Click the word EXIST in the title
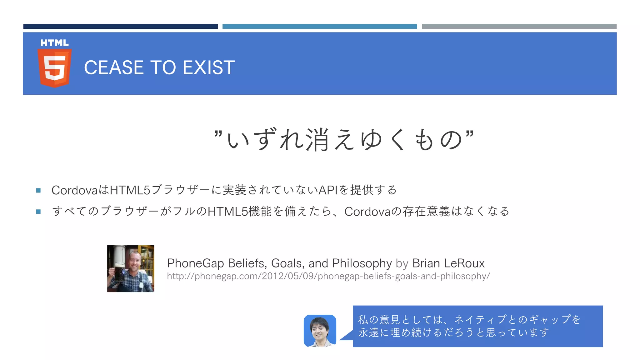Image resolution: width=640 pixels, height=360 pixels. tap(208, 67)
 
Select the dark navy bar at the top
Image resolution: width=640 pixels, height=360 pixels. tap(120, 27)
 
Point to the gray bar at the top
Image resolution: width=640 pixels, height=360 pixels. tap(519, 27)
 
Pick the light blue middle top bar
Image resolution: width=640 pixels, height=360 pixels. tap(319, 27)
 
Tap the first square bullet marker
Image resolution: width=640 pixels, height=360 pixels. tap(38, 190)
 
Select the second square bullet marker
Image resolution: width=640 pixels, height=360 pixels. tap(38, 212)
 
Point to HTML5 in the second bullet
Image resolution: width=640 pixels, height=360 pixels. tap(227, 212)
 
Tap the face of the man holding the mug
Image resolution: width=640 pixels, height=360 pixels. tap(135, 262)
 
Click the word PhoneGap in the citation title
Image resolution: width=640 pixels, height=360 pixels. tap(195, 263)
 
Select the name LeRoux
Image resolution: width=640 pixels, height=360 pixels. tap(464, 263)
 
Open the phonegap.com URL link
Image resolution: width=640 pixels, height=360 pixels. tap(328, 276)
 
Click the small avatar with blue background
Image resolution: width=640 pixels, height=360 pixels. tap(320, 331)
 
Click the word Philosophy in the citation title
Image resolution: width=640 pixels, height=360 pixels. tap(362, 263)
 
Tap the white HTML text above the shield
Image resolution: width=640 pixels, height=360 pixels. tap(54, 43)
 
